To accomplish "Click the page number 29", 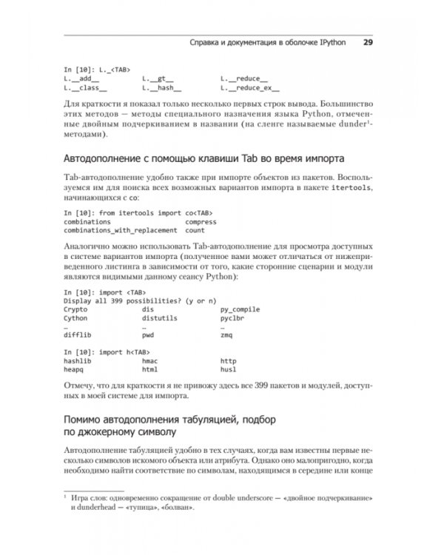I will (368, 42).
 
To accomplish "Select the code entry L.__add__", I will (81, 78).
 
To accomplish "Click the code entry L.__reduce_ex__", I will (246, 87).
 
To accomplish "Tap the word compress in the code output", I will (200, 221).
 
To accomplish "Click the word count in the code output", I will (195, 230).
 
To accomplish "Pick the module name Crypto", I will (75, 309).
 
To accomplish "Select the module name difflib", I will (77, 335).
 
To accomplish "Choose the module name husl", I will (228, 369).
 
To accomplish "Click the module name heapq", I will (75, 369).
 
